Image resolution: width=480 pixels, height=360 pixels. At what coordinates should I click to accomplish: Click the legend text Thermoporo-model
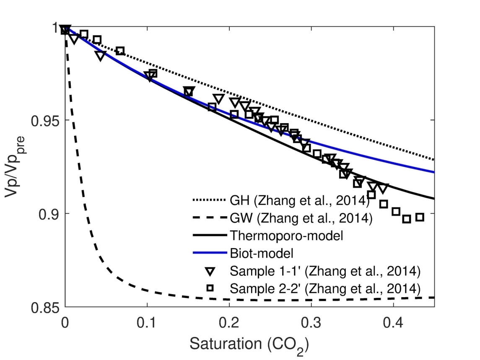287,236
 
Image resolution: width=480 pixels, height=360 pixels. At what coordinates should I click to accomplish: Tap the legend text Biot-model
264,253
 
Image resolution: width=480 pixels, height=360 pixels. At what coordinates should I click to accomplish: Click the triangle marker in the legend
210,271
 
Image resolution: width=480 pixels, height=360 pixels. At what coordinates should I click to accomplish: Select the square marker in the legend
210,288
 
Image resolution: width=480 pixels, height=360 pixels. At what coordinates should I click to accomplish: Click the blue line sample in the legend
210,254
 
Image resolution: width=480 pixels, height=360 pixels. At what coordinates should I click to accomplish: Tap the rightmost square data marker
420,217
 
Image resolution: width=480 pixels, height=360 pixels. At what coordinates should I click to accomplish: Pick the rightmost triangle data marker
383,188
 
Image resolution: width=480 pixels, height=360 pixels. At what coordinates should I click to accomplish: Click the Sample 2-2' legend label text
325,288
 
